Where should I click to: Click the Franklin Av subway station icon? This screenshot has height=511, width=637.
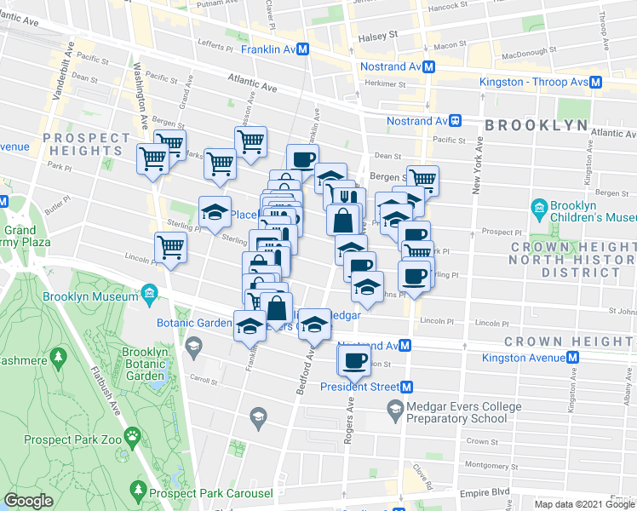click(x=302, y=50)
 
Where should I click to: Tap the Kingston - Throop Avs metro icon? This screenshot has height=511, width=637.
click(x=596, y=83)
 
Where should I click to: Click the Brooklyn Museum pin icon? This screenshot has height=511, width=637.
click(x=149, y=296)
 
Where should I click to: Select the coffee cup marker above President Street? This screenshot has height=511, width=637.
click(x=353, y=360)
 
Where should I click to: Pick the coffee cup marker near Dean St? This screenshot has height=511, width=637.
click(x=303, y=158)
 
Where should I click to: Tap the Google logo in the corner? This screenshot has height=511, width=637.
click(x=28, y=501)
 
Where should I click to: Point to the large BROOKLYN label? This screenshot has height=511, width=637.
click(x=537, y=125)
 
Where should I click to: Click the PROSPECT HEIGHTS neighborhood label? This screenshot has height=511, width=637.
click(x=86, y=144)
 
